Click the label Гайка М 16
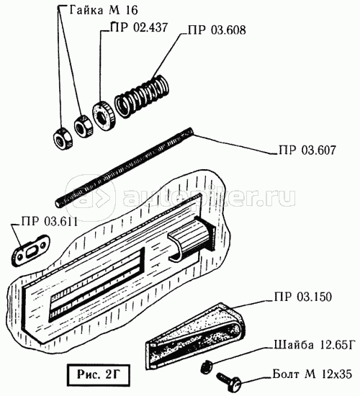click(x=104, y=10)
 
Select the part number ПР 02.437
click(x=139, y=27)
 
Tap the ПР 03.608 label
click(x=217, y=30)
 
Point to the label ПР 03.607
click(x=307, y=150)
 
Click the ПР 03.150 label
click(x=303, y=297)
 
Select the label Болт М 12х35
click(x=312, y=374)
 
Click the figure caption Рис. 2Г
click(x=99, y=375)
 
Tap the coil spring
click(x=142, y=96)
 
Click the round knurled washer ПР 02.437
click(x=104, y=116)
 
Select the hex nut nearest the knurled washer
click(x=84, y=126)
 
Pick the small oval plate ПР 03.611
click(x=30, y=251)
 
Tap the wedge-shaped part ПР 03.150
click(x=195, y=336)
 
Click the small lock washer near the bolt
click(x=207, y=367)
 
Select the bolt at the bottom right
click(x=229, y=381)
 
